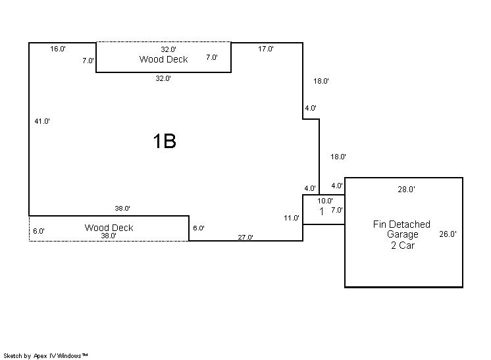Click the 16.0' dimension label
(58, 49)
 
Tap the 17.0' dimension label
(266, 49)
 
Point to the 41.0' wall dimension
(42, 121)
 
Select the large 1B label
(165, 141)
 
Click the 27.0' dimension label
(245, 237)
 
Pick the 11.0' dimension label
(292, 218)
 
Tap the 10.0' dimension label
(325, 201)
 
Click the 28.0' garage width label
(406, 190)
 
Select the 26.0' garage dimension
(448, 234)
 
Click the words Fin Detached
(401, 224)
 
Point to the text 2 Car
(402, 245)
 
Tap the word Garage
(402, 234)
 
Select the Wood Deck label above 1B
(163, 59)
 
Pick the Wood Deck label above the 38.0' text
(109, 228)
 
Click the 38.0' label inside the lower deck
(109, 236)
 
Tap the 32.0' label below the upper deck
(163, 78)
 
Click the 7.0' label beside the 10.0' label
(336, 211)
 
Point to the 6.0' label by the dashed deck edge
(39, 231)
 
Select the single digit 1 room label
(322, 211)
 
